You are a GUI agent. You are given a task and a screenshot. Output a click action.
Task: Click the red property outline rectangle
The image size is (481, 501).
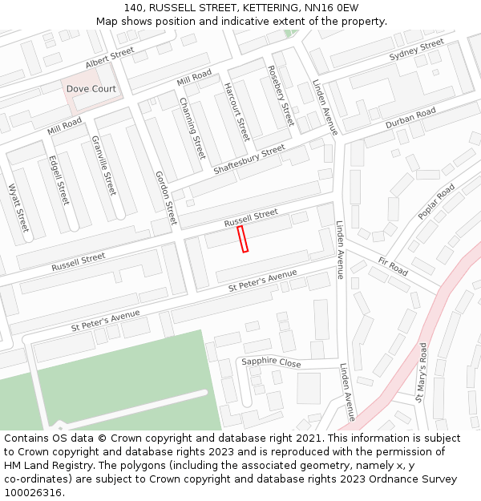tap(243, 239)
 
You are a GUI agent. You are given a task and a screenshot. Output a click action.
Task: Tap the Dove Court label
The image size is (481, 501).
tap(91, 89)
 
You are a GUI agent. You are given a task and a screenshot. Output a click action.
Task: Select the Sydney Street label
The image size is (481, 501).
tap(416, 50)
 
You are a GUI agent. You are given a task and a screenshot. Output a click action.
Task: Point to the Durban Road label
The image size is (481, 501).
tap(410, 118)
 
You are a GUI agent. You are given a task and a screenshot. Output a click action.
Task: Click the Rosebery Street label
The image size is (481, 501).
tap(281, 95)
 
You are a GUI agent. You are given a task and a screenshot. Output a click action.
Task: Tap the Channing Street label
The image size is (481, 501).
tap(192, 127)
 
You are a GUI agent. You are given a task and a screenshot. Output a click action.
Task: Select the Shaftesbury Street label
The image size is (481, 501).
tap(249, 160)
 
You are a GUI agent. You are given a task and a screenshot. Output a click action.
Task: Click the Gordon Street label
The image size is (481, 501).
tap(165, 197)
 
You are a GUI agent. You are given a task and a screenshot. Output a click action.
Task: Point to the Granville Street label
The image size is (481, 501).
tap(104, 166)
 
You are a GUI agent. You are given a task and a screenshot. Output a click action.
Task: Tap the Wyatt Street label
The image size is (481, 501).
tap(18, 208)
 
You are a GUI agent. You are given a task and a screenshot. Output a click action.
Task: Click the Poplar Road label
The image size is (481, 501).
tap(436, 201)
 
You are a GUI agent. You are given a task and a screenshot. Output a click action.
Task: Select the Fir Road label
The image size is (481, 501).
tap(393, 267)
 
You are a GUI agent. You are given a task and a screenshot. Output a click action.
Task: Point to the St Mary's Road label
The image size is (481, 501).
tap(421, 372)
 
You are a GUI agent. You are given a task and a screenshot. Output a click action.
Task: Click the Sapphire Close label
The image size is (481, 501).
tap(271, 362)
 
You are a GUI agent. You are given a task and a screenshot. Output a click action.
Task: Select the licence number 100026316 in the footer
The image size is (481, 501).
tap(33, 492)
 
